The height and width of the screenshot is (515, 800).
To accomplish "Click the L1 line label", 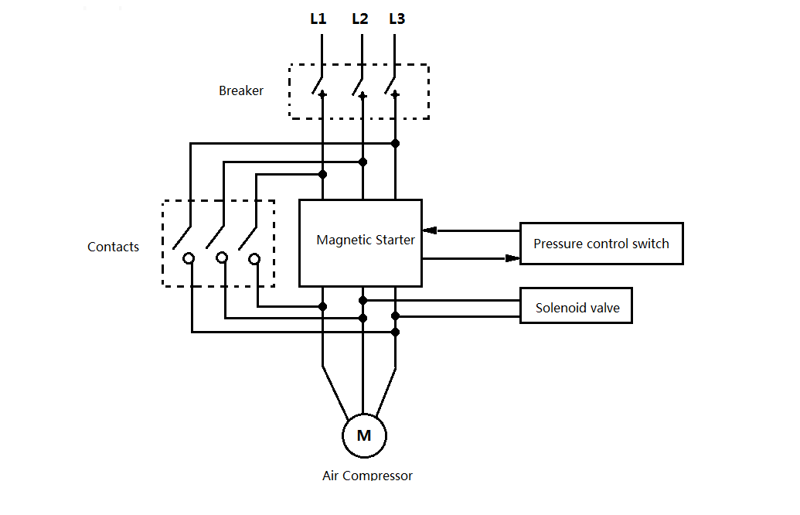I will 318,19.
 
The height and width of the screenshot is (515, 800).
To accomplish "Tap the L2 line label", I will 360,19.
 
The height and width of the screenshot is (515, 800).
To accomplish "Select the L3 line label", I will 397,19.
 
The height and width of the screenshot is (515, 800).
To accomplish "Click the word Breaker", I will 241,90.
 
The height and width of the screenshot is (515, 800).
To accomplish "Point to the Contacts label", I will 114,247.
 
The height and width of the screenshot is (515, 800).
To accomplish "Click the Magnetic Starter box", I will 360,243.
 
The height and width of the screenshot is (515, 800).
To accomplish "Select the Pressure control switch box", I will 601,244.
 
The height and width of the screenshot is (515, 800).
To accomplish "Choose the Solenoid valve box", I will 577,306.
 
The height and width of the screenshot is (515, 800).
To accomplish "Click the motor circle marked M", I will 364,435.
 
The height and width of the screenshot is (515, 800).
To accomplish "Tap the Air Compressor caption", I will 367,475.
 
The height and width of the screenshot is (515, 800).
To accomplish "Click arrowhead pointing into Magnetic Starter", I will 430,230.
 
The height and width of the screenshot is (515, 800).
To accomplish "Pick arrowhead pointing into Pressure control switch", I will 512,257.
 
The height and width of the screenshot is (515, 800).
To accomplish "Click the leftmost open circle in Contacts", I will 189,257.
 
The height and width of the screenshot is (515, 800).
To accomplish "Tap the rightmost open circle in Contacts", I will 254,257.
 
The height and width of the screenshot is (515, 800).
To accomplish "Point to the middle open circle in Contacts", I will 222,257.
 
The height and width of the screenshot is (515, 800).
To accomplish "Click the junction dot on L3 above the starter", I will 395,143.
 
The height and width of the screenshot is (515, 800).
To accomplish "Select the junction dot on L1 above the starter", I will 322,175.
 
